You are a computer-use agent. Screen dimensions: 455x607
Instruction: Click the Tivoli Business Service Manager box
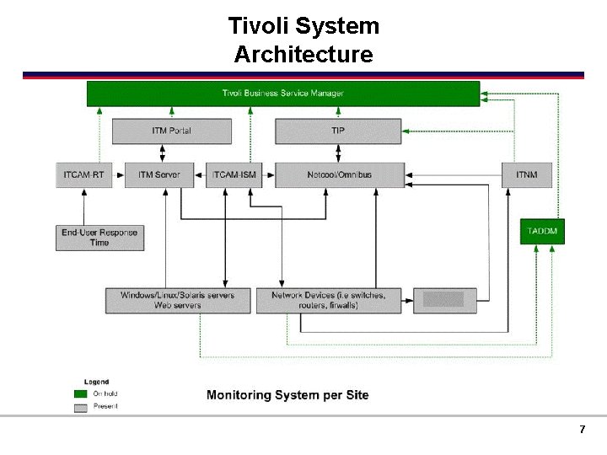click(x=283, y=94)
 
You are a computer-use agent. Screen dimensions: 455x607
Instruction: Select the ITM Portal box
click(x=172, y=131)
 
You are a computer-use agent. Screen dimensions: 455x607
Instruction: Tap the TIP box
click(x=337, y=131)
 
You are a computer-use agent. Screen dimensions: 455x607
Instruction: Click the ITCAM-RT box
click(x=84, y=174)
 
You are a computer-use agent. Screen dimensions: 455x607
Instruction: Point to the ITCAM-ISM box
click(x=234, y=174)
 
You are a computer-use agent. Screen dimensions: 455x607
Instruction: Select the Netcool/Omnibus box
click(x=339, y=174)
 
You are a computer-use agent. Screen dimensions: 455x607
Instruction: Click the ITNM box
click(x=527, y=174)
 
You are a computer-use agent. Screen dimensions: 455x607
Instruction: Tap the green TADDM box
click(x=541, y=231)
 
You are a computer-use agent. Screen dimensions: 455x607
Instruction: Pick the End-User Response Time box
click(x=99, y=238)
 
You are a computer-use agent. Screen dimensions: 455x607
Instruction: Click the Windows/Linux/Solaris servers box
click(x=178, y=300)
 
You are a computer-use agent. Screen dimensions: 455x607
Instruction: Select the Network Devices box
click(x=329, y=300)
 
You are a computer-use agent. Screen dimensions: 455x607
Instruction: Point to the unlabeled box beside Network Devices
click(x=444, y=300)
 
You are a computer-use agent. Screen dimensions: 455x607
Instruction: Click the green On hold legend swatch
click(x=81, y=393)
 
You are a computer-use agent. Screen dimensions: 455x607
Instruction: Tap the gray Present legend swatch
click(x=81, y=407)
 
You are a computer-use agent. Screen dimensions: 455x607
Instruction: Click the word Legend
click(x=96, y=382)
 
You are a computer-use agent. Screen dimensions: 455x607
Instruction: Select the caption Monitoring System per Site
click(x=287, y=394)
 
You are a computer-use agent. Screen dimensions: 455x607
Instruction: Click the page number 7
click(x=582, y=430)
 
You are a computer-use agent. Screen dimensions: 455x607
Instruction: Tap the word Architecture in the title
click(x=303, y=55)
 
